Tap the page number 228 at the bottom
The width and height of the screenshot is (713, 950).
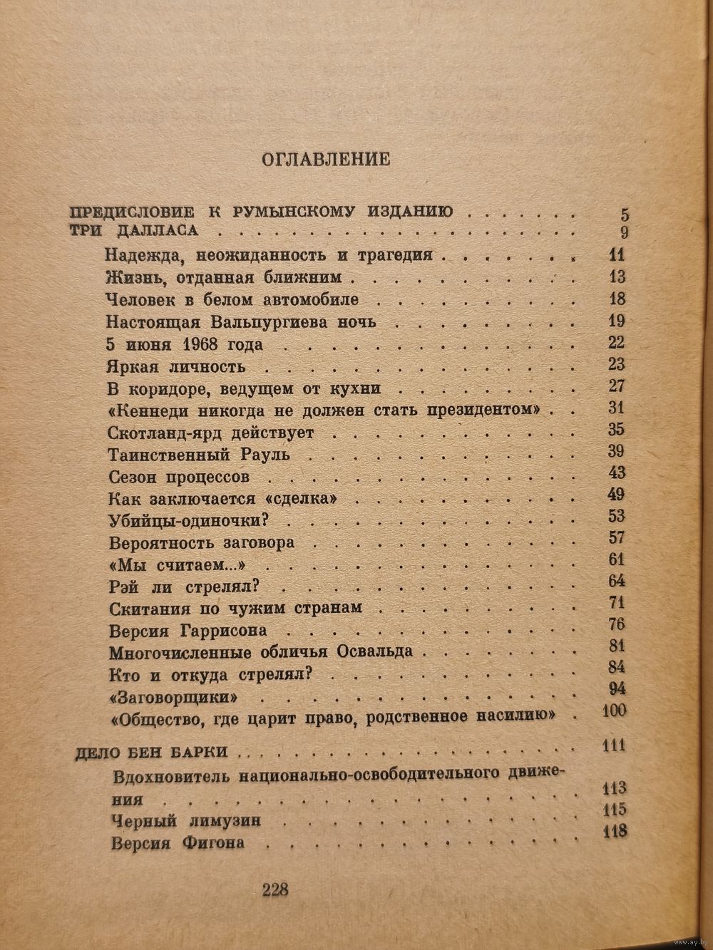(275, 889)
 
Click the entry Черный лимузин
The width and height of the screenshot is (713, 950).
(187, 821)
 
